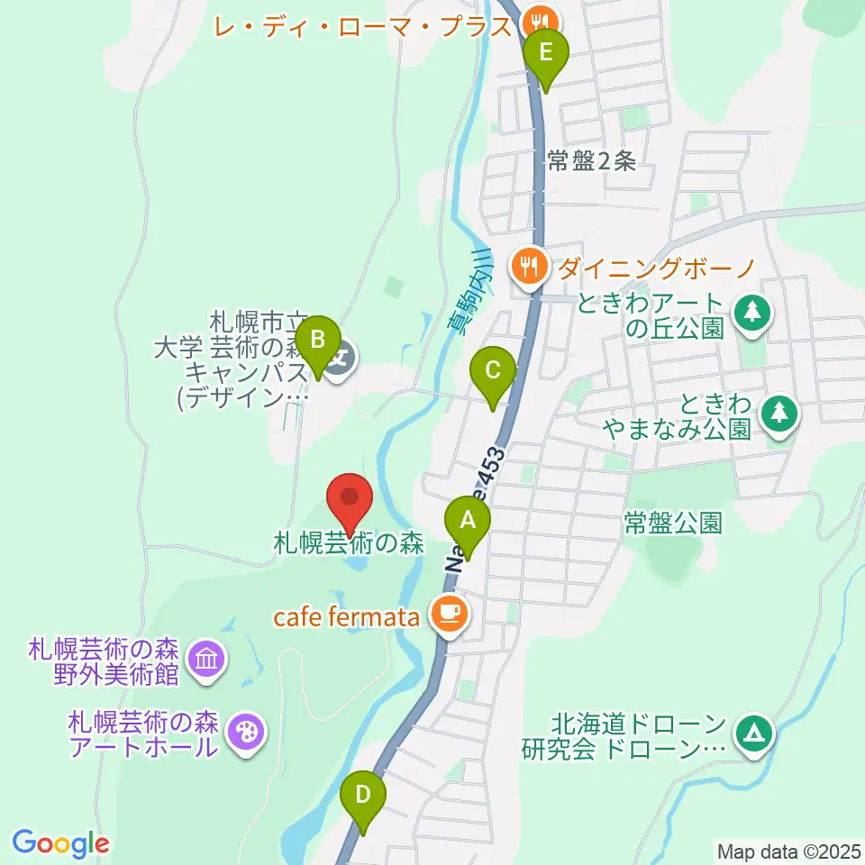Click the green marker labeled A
467,521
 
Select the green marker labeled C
493,370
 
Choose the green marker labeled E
545,53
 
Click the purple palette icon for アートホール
244,732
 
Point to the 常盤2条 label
591,161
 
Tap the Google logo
60,843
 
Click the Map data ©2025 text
788,851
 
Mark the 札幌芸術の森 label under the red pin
349,544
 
